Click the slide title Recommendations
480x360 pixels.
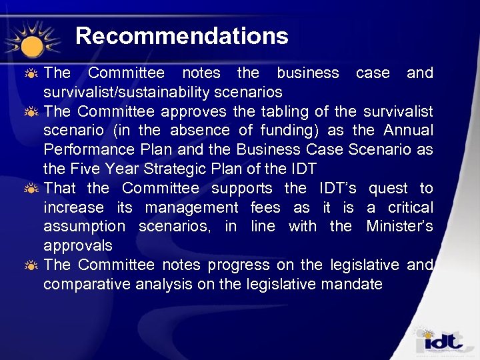click(x=181, y=36)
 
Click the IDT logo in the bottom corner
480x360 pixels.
click(x=441, y=342)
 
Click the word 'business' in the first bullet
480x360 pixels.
click(x=307, y=72)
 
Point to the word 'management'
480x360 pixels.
click(x=191, y=207)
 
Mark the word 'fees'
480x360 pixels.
click(x=265, y=207)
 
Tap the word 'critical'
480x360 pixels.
click(x=408, y=207)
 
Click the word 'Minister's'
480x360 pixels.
click(x=399, y=227)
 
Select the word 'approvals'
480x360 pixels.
click(x=77, y=246)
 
